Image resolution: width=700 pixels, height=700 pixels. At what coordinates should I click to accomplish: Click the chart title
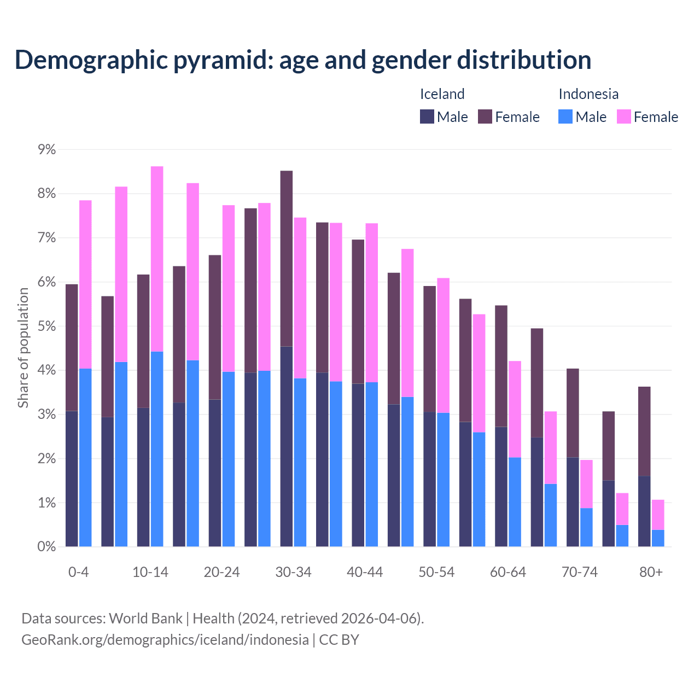pos(303,60)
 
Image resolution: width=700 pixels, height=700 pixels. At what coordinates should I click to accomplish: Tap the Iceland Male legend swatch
pos(427,116)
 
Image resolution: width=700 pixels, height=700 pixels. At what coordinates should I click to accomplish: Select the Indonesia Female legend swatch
pos(623,116)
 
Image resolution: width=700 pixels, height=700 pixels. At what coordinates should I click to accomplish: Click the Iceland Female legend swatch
pos(485,116)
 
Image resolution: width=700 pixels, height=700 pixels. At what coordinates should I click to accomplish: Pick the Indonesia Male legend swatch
pos(565,116)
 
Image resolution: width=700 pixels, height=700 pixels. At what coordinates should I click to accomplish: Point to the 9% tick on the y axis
pos(46,150)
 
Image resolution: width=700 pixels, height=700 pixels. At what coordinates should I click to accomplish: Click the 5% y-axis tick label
pos(46,326)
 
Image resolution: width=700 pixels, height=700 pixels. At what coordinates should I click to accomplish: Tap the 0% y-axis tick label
pos(46,547)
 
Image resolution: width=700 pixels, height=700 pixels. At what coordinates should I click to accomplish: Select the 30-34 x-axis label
pos(293,573)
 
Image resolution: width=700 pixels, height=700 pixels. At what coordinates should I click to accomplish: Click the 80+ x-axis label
pos(651,573)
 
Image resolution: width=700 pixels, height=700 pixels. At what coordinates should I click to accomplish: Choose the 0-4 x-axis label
pos(78,573)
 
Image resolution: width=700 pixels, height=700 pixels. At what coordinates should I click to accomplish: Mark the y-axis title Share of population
pos(24,348)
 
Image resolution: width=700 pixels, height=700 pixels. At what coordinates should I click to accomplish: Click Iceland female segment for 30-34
pos(287,259)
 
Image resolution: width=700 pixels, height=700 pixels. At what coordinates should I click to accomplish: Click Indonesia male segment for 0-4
pos(85,458)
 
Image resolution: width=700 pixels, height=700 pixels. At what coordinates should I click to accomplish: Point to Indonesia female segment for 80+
pos(658,515)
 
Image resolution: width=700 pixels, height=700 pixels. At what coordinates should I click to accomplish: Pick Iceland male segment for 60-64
pos(501,487)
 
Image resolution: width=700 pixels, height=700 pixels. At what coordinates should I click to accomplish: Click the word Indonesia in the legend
pos(588,94)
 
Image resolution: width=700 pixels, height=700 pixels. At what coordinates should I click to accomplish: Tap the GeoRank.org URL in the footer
pos(165,640)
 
